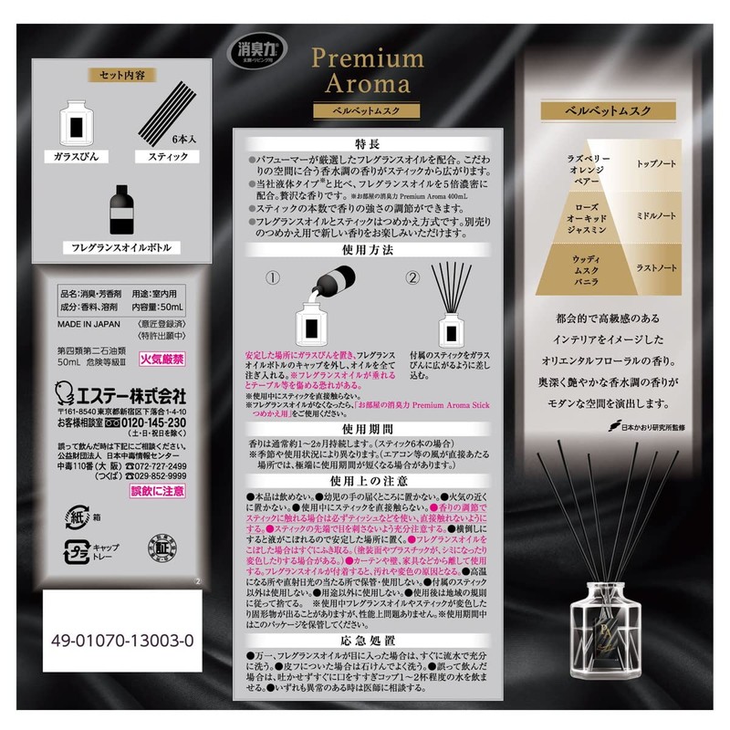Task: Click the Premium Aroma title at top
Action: tap(368, 71)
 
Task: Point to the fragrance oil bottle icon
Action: tap(121, 211)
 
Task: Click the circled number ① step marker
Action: tap(271, 275)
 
